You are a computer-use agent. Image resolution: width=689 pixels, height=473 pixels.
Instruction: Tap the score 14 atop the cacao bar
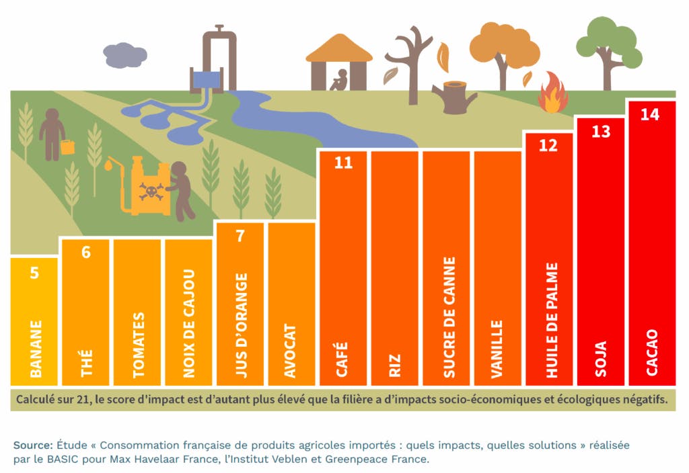click(650, 114)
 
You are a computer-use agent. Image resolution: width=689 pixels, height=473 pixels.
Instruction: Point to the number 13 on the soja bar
click(601, 131)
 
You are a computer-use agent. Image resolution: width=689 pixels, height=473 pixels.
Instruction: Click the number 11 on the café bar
click(343, 163)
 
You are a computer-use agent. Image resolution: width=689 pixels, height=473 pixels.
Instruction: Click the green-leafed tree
click(610, 42)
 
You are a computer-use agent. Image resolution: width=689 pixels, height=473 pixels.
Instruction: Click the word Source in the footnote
click(32, 445)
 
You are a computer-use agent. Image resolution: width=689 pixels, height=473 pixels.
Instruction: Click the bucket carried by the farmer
click(68, 146)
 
